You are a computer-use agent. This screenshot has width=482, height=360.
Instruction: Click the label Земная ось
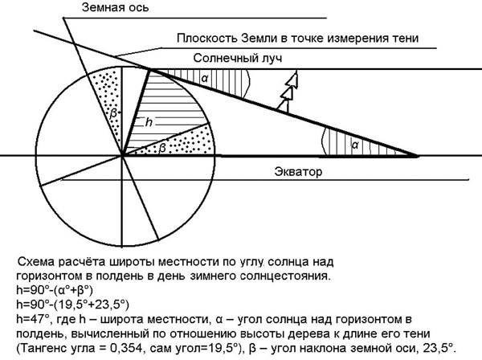(x=115, y=7)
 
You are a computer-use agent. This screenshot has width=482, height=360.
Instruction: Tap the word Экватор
(x=298, y=171)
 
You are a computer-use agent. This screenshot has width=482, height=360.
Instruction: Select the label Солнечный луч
(x=238, y=58)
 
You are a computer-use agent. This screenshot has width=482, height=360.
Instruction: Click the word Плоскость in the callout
(x=207, y=38)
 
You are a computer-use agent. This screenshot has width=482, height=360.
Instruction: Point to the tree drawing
(x=288, y=92)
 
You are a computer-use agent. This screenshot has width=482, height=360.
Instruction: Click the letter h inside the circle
(x=149, y=122)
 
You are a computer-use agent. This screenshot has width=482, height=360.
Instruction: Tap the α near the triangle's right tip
(x=355, y=145)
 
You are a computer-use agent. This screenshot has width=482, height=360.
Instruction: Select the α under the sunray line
(x=205, y=78)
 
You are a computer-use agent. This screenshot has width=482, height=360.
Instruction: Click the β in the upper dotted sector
(x=113, y=113)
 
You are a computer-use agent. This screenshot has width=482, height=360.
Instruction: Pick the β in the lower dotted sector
(x=162, y=148)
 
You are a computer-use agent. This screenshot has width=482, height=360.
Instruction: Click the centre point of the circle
(x=122, y=156)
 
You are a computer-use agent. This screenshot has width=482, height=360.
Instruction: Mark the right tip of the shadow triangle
(x=418, y=156)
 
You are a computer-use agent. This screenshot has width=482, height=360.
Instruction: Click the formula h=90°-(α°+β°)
(x=55, y=290)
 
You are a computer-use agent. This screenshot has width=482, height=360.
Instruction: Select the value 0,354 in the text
(x=122, y=348)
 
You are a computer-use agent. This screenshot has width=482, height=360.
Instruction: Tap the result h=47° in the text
(x=33, y=319)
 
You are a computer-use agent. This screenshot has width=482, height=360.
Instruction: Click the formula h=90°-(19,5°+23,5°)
(x=72, y=305)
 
